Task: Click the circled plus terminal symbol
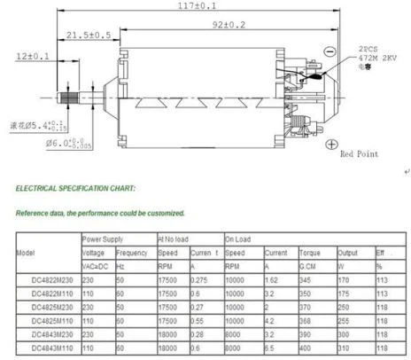[x=331, y=144]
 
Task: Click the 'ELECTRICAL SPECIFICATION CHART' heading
[x=75, y=189]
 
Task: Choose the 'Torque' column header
[x=310, y=252]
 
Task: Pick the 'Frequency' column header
[x=133, y=252]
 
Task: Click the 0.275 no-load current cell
[x=201, y=279]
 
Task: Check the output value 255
[x=345, y=320]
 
